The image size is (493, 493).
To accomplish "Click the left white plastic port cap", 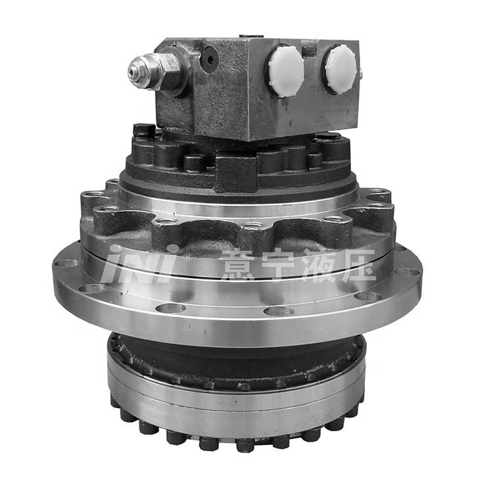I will tap(284, 70).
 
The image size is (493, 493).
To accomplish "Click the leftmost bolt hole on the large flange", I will tap(66, 264).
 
